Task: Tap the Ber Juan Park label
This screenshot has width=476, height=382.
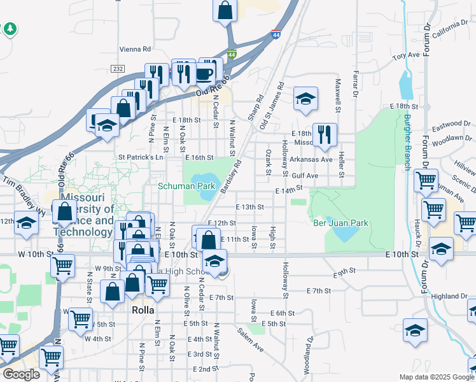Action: click(x=340, y=223)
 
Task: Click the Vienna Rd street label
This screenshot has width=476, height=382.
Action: click(x=135, y=49)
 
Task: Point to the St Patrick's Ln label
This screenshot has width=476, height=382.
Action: click(x=141, y=157)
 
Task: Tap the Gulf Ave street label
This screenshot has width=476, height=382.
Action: click(x=305, y=175)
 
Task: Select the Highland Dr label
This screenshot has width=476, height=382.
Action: click(x=449, y=296)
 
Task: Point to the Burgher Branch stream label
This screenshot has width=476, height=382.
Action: click(x=407, y=141)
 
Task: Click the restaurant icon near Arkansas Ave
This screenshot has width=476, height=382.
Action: click(x=325, y=134)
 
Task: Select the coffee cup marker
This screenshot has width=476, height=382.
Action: click(x=205, y=73)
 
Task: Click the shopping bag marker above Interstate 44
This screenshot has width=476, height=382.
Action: click(x=225, y=10)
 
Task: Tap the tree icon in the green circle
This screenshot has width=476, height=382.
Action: click(x=10, y=29)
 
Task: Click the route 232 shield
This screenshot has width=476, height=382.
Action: click(x=117, y=68)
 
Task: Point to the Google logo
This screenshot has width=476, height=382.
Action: click(x=21, y=374)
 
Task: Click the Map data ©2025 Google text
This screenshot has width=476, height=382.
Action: click(x=436, y=377)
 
